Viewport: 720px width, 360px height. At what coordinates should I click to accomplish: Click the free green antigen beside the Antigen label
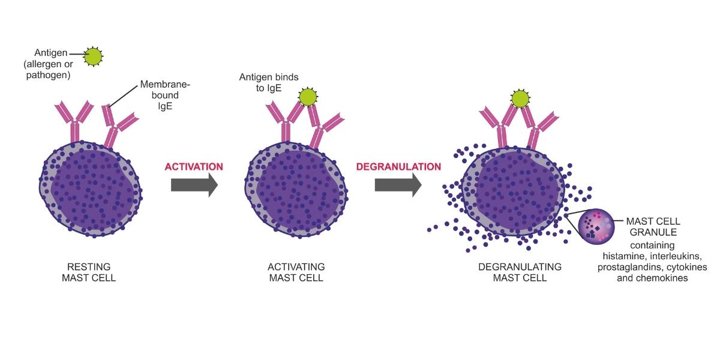point(93,56)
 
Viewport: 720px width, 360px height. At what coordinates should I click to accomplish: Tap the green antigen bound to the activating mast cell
point(308,97)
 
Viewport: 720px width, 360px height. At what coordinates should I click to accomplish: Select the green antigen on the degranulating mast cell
point(520,98)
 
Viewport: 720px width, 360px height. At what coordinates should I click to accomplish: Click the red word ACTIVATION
point(194,167)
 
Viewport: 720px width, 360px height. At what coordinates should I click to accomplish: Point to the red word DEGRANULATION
point(398,167)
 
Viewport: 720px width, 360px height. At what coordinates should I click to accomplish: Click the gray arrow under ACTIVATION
point(194,185)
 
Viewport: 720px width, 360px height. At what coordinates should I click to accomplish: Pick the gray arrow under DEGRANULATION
point(398,185)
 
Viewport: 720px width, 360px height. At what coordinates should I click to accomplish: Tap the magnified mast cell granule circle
point(596,227)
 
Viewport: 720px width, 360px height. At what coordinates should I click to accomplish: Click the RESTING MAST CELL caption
point(89,272)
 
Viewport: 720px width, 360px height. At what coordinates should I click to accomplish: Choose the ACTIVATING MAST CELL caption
point(296,272)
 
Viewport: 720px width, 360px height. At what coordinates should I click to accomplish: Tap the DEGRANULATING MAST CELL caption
point(520,272)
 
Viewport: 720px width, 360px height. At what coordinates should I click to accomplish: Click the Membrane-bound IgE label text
point(165,95)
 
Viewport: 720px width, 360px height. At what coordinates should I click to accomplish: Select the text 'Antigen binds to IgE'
point(269,83)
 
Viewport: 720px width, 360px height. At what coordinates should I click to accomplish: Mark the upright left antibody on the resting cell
point(74,122)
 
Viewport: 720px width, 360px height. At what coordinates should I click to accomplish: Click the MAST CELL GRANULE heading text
point(653,227)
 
